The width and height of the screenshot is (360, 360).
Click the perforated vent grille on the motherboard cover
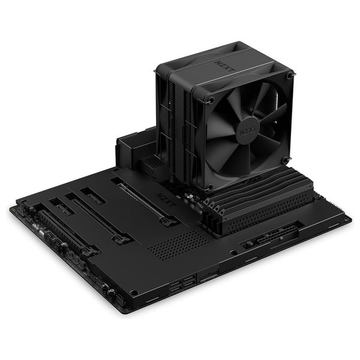coord(178,244)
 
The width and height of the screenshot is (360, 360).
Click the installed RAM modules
coord(257,197)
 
